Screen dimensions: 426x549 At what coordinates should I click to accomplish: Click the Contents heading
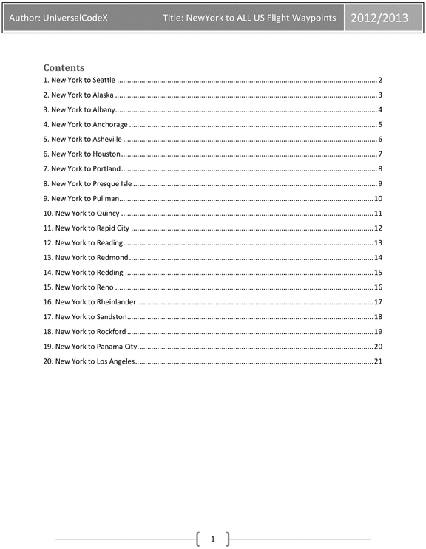(x=64, y=67)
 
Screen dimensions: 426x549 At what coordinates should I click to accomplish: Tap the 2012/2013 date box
(x=379, y=17)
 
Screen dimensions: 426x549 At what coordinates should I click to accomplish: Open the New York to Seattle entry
(x=79, y=80)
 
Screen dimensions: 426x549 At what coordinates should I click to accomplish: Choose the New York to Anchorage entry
(x=85, y=124)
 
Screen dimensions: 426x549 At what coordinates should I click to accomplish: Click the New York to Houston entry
(x=81, y=154)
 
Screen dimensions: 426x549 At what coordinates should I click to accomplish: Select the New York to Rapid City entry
(x=87, y=228)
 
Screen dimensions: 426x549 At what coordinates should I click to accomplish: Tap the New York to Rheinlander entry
(x=90, y=301)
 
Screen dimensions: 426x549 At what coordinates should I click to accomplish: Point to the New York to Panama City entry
(x=90, y=346)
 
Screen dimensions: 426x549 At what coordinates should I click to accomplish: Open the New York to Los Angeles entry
(x=89, y=361)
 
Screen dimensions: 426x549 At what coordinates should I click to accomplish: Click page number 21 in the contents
(x=377, y=361)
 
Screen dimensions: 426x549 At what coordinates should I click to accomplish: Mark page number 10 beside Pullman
(x=377, y=198)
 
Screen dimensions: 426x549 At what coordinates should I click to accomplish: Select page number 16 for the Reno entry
(x=377, y=287)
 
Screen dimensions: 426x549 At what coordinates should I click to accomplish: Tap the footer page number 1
(x=213, y=539)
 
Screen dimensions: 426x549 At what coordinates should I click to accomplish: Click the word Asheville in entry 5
(x=107, y=139)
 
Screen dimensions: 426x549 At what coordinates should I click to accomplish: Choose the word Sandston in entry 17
(x=112, y=316)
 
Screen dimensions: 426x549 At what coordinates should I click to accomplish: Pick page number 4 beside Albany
(x=379, y=109)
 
